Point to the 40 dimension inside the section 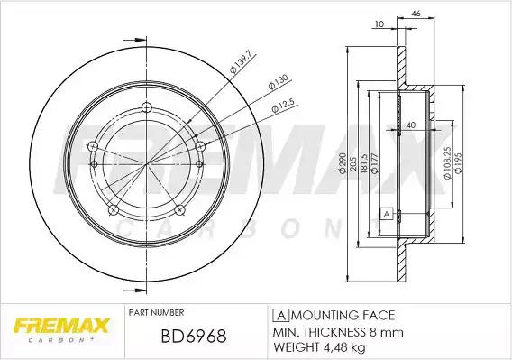tap(411, 125)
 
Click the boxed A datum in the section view tap(387, 215)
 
